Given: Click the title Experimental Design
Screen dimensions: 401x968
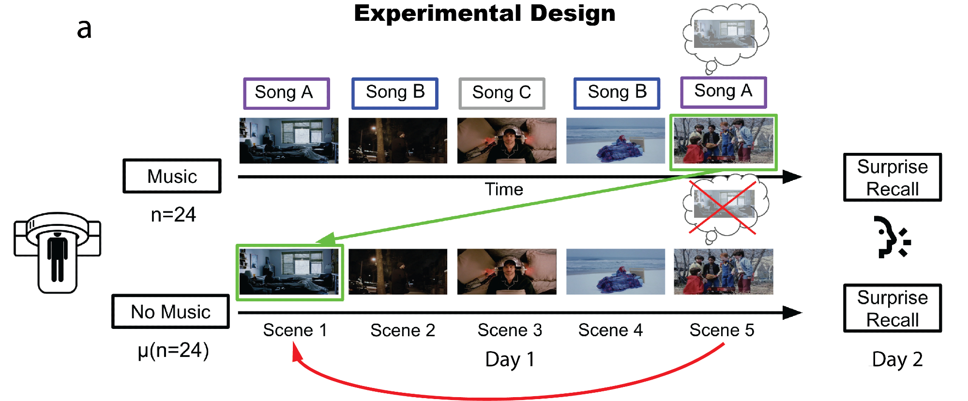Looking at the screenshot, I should click(484, 14).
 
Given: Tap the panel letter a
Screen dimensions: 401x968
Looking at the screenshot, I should click(84, 29).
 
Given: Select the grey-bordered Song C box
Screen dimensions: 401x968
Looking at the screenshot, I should click(502, 93).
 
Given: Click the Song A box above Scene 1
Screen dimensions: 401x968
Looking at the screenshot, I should click(287, 93).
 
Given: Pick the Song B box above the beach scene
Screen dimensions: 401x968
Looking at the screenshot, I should click(617, 93).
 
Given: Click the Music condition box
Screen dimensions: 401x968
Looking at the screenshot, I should click(172, 176).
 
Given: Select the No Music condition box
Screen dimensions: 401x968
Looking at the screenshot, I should click(170, 312).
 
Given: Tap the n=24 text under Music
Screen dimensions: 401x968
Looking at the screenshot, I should click(173, 215).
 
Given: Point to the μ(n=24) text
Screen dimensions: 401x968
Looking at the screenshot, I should click(173, 350).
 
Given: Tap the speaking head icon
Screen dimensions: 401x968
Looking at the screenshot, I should click(892, 237).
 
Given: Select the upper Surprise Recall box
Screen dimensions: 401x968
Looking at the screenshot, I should click(892, 178).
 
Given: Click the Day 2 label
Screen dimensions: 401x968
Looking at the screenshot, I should click(897, 359).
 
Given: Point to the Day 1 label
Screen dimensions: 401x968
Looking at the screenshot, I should click(510, 359).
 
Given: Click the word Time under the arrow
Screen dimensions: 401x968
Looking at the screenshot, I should click(504, 189).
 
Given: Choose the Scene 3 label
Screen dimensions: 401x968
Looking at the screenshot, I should click(510, 330).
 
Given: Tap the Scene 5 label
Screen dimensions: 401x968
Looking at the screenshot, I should click(722, 330).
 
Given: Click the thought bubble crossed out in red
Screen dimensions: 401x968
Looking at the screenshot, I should click(724, 207).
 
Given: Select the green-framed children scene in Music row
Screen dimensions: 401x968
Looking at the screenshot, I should click(723, 142).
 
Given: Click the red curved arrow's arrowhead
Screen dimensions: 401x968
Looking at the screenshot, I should click(296, 352).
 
